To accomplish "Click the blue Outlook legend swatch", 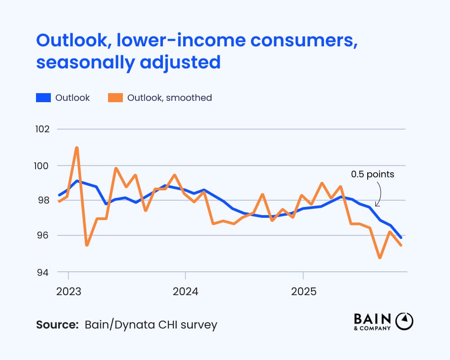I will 42,98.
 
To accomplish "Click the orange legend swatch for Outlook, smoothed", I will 114,98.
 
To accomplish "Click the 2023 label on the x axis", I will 68,291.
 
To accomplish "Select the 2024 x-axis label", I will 186,291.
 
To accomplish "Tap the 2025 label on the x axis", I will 303,291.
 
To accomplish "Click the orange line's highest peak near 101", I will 77,148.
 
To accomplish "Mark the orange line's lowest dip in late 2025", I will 380,258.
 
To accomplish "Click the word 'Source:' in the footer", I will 57,324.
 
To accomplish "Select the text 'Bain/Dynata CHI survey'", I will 151,324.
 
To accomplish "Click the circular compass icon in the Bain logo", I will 404,321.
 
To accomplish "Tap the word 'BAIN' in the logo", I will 373,319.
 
